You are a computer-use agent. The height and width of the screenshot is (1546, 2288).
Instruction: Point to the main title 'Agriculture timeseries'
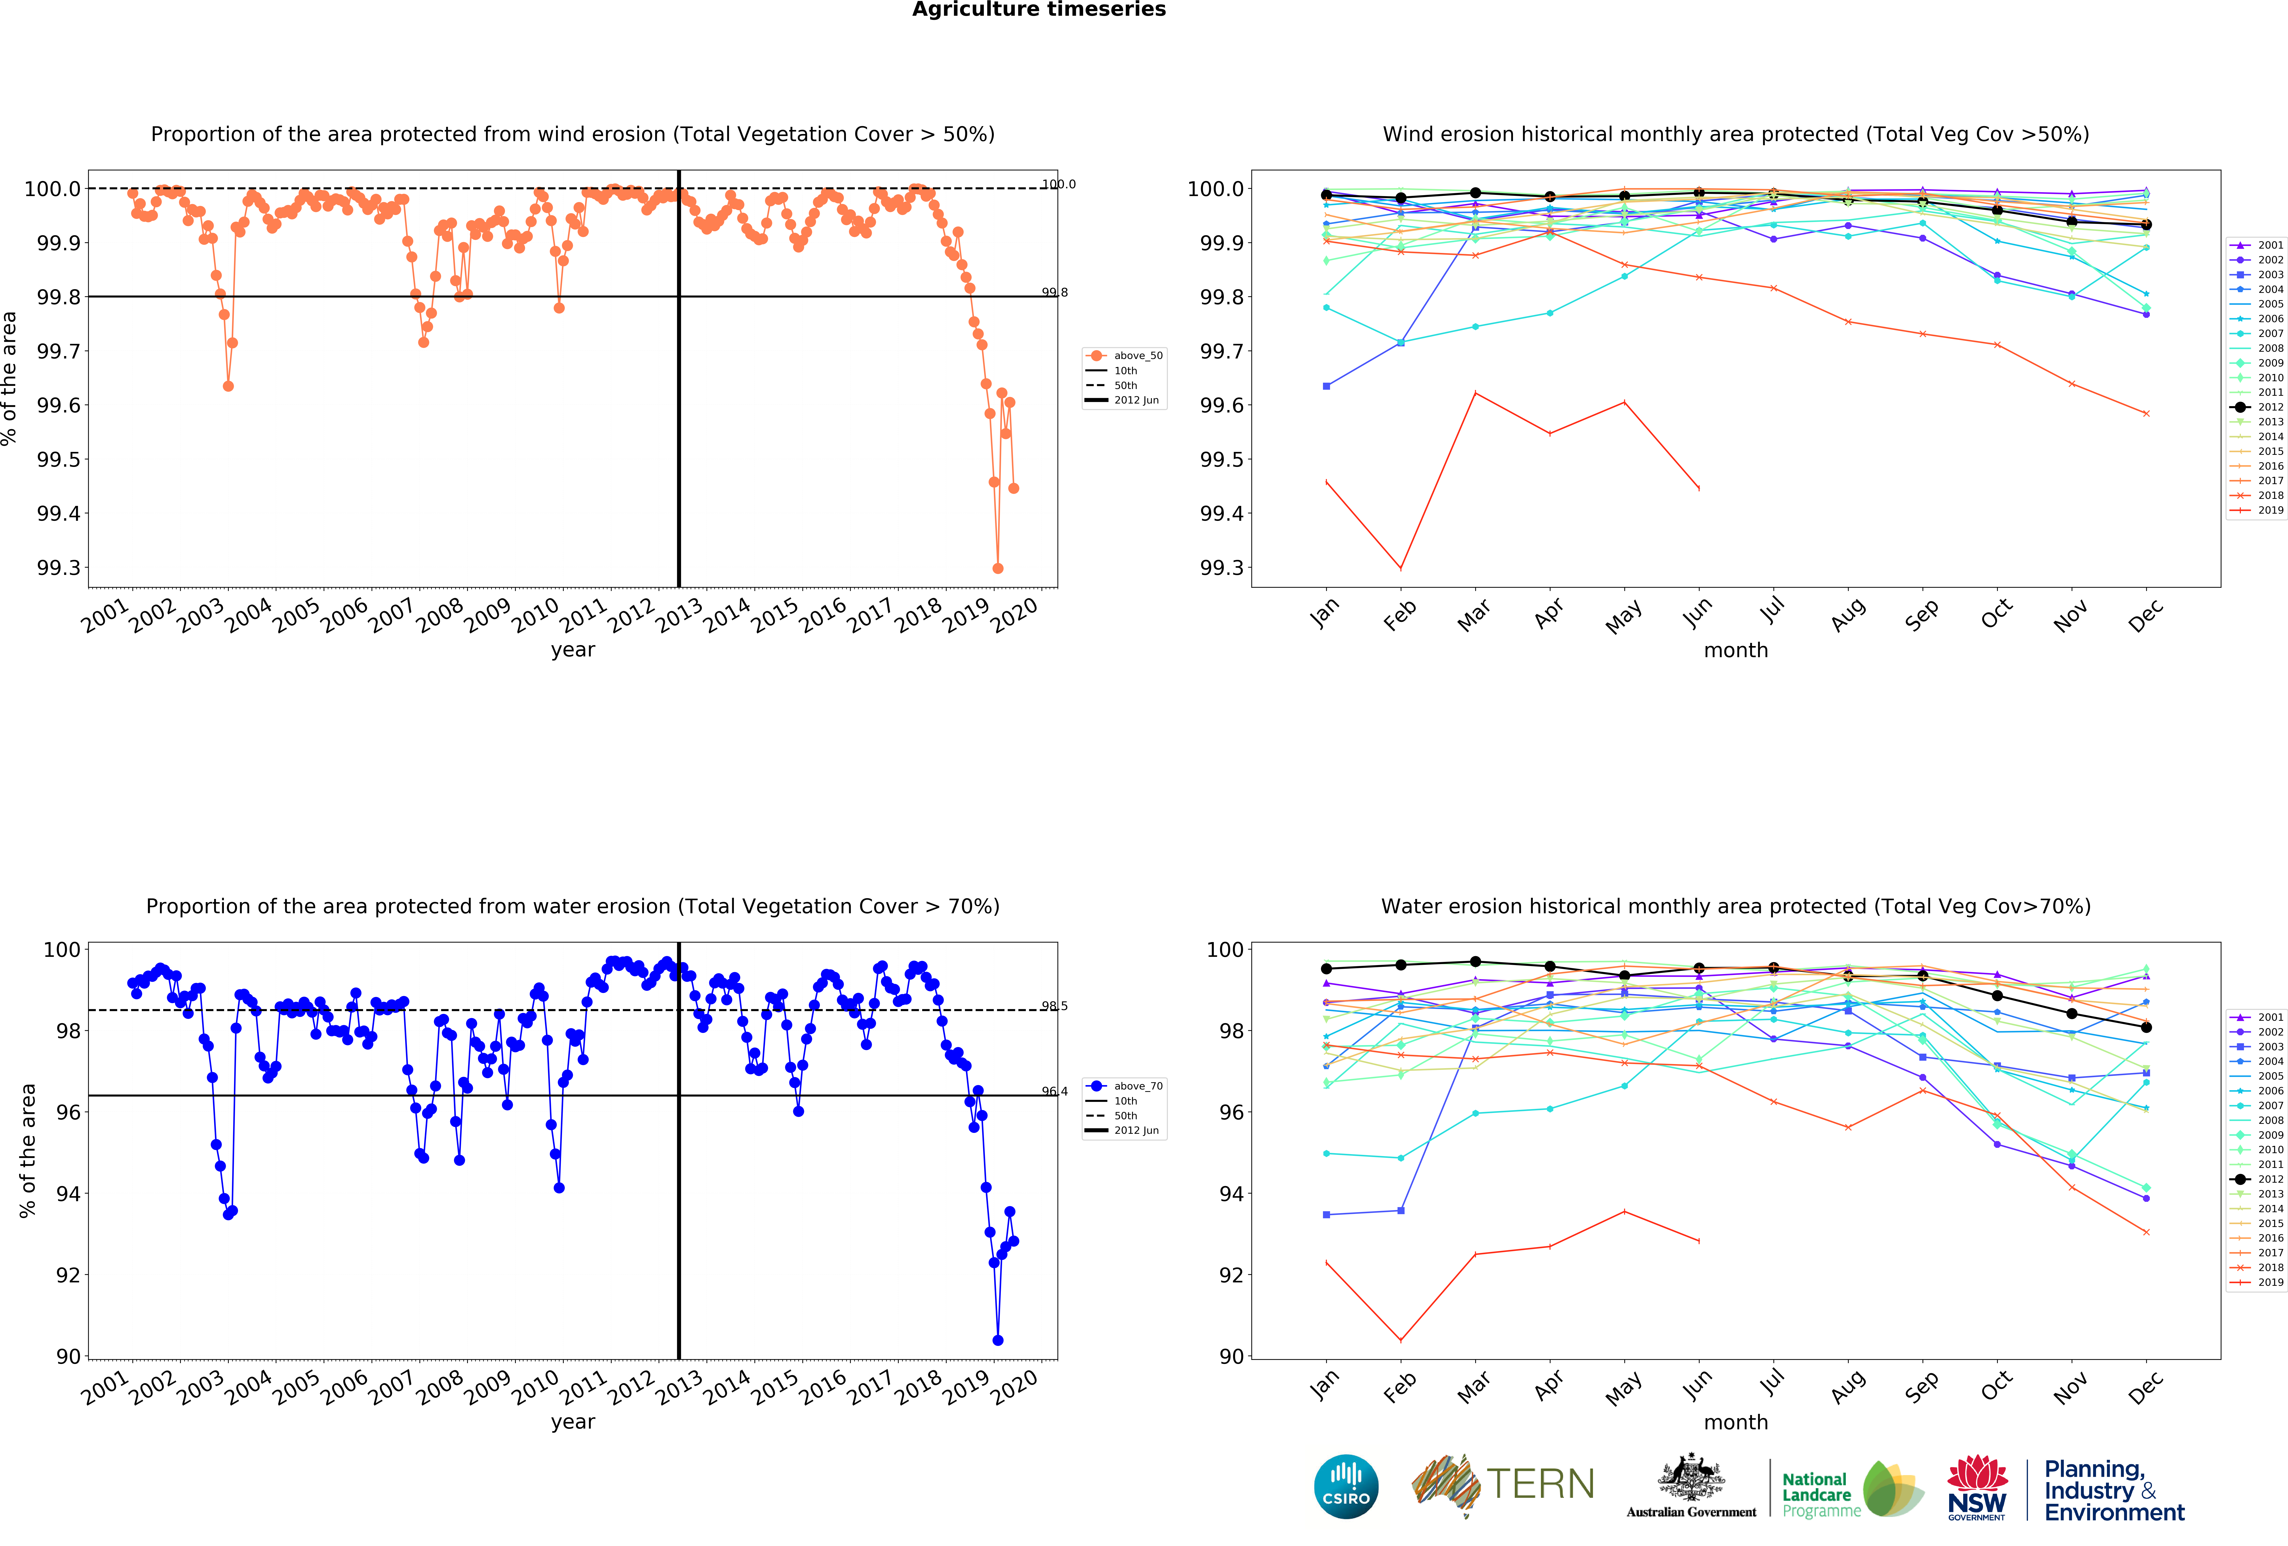point(1039,10)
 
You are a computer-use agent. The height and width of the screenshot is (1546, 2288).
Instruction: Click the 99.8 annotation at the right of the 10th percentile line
point(1054,292)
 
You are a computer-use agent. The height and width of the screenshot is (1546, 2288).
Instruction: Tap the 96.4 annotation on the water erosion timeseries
point(1054,1091)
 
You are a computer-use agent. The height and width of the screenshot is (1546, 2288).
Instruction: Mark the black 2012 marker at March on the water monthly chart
point(1475,962)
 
